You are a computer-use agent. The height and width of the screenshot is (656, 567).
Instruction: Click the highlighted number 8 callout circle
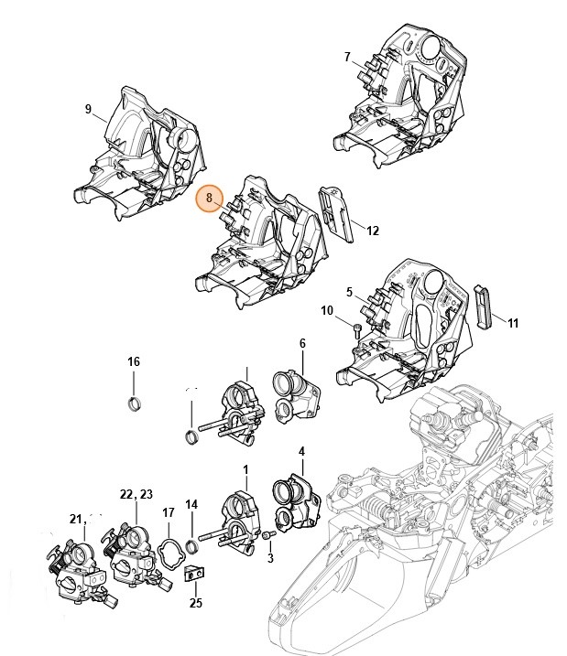pos(210,198)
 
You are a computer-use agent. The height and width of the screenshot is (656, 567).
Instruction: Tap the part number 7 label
pos(347,57)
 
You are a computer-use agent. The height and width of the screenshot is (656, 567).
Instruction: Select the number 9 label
pos(89,110)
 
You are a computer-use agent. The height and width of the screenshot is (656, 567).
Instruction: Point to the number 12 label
pos(373,231)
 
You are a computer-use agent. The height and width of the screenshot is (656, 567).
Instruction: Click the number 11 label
pos(513,323)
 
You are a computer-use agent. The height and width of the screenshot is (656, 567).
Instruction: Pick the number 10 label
pos(327,311)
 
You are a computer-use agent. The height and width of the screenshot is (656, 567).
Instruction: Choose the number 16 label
pos(134,362)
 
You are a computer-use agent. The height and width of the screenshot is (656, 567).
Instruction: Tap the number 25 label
pos(195,603)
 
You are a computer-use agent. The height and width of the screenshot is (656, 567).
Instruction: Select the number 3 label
pos(270,558)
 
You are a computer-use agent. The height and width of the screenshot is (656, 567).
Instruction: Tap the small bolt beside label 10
pos(356,328)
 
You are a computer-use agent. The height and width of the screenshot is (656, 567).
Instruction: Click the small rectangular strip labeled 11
pos(484,305)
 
